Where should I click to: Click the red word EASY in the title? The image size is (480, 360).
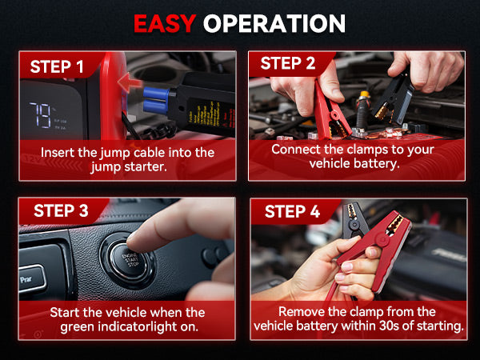click(x=165, y=23)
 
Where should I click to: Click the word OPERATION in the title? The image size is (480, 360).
click(x=274, y=23)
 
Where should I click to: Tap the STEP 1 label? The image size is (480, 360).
click(x=57, y=66)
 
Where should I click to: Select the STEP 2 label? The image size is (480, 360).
click(x=288, y=63)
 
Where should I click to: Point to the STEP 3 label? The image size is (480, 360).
click(x=61, y=210)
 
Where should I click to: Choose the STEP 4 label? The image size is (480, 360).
click(x=292, y=211)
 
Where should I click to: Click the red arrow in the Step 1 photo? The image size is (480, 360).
click(x=130, y=82)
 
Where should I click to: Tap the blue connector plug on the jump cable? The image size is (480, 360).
click(x=156, y=99)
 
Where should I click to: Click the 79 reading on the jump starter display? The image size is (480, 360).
click(x=40, y=115)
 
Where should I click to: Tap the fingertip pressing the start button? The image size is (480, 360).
click(x=134, y=242)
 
